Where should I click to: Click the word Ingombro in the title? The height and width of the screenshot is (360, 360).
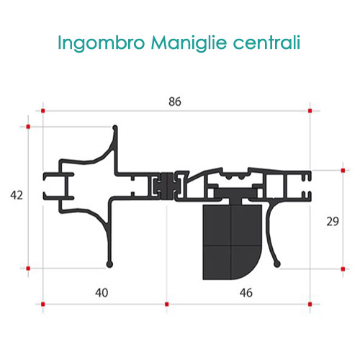click(x=102, y=43)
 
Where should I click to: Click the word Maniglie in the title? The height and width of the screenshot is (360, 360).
click(x=189, y=43)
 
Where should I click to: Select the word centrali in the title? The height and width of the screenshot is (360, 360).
click(x=266, y=42)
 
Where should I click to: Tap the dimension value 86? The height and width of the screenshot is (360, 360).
click(x=175, y=102)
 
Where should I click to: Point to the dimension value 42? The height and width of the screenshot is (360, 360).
click(x=17, y=195)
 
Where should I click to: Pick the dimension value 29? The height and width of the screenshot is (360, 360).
click(x=333, y=221)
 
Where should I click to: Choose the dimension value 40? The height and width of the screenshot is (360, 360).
click(x=102, y=293)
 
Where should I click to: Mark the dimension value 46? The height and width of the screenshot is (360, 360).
click(x=246, y=293)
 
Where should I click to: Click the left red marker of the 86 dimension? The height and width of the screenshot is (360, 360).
click(x=43, y=111)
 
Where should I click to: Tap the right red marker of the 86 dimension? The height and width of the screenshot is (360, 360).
click(x=310, y=111)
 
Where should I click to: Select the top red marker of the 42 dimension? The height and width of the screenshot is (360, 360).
click(x=28, y=127)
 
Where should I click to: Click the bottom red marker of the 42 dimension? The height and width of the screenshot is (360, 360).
click(x=28, y=268)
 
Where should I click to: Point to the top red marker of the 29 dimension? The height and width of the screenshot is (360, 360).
click(x=343, y=171)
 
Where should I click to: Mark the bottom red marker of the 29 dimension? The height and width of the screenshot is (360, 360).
click(x=343, y=269)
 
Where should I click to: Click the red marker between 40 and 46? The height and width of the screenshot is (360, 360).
click(x=167, y=305)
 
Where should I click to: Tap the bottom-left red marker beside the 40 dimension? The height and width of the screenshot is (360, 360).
click(x=43, y=305)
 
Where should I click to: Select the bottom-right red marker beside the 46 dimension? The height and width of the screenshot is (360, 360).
click(x=310, y=305)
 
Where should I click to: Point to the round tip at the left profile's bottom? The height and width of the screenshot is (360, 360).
click(x=109, y=264)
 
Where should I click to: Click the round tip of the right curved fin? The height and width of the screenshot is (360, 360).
click(x=277, y=264)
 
